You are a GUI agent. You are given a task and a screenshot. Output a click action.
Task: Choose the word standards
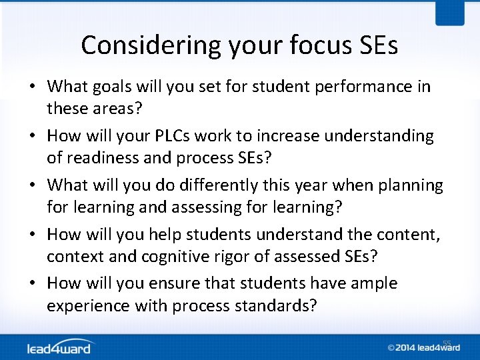(275, 306)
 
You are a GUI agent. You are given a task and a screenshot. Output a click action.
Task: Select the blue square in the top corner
(451, 13)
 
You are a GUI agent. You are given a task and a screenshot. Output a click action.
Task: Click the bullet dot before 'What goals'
(33, 87)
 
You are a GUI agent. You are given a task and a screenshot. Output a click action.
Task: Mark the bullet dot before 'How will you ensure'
(33, 284)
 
